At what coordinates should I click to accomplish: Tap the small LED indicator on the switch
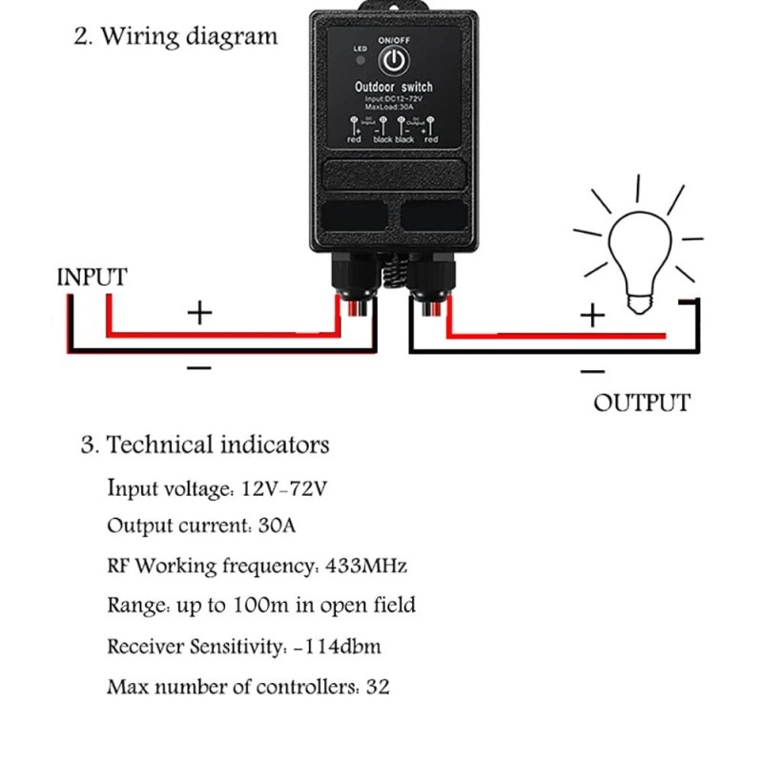[x=360, y=61]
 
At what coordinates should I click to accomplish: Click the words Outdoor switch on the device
[x=393, y=87]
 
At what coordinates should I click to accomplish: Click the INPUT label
[x=92, y=278]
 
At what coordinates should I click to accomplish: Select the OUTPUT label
[x=641, y=402]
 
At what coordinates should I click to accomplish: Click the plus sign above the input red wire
[x=198, y=312]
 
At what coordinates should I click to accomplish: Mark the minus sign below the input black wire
[x=198, y=367]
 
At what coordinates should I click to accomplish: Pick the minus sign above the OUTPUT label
[x=592, y=371]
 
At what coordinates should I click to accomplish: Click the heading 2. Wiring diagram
[x=175, y=37]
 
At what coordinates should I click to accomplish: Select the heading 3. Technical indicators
[x=205, y=444]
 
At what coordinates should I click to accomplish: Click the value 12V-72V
[x=284, y=489]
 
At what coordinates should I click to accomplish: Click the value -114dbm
[x=337, y=647]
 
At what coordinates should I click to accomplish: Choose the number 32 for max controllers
[x=378, y=687]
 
